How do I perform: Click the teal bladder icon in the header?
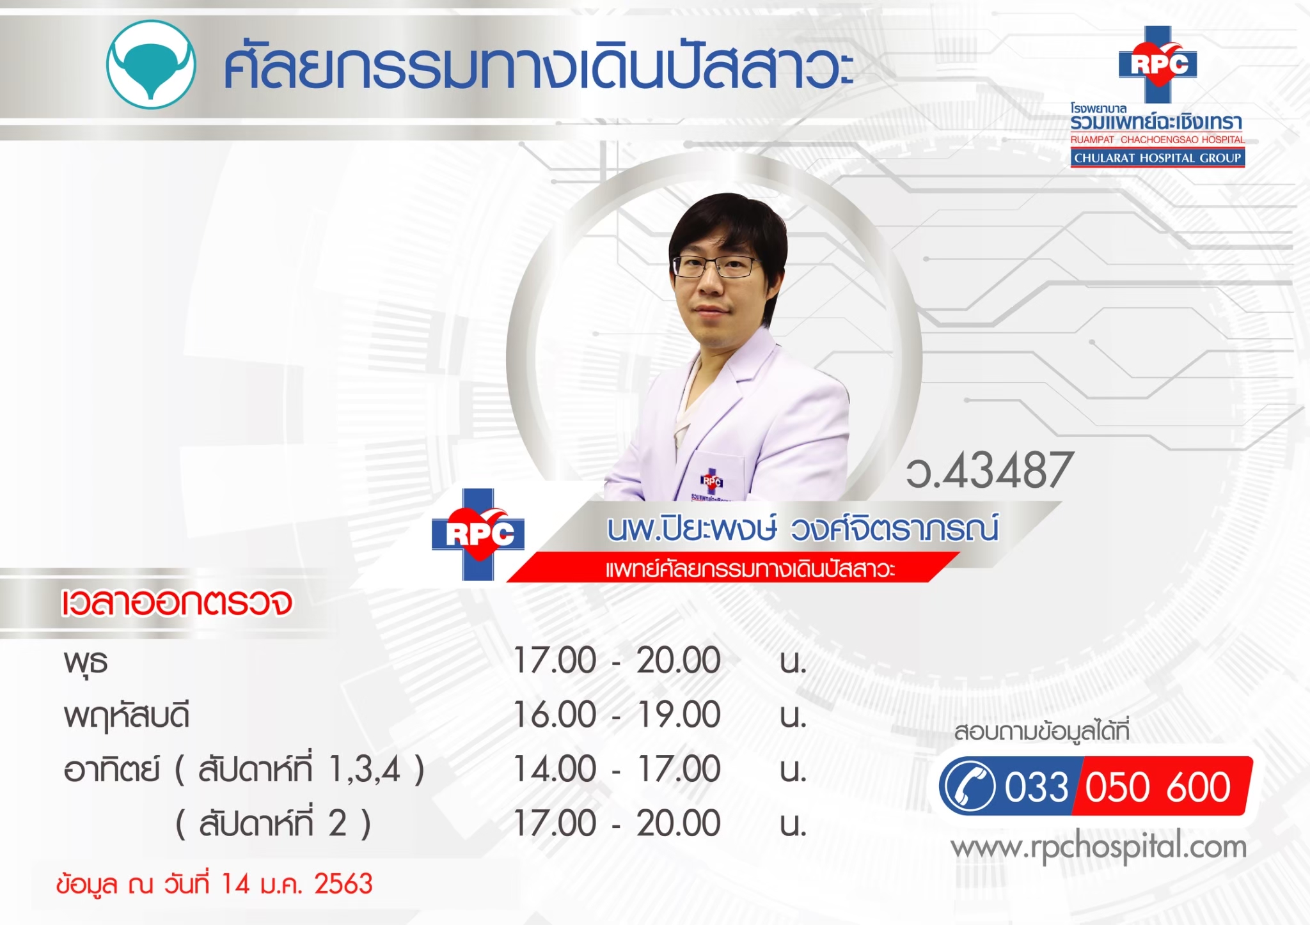pyautogui.click(x=151, y=65)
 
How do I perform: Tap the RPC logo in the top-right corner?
pyautogui.click(x=1158, y=64)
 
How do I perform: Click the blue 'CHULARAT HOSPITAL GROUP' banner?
pyautogui.click(x=1158, y=158)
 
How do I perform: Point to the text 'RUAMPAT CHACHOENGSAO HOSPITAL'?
pyautogui.click(x=1158, y=140)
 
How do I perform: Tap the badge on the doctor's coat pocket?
pyautogui.click(x=711, y=481)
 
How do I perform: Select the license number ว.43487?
pyautogui.click(x=989, y=470)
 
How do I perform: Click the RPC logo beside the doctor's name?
pyautogui.click(x=478, y=534)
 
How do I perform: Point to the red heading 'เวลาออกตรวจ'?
pyautogui.click(x=177, y=602)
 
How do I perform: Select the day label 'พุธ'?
pyautogui.click(x=86, y=662)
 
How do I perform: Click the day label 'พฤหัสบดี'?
pyautogui.click(x=127, y=716)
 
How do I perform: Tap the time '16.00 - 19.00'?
pyautogui.click(x=617, y=715)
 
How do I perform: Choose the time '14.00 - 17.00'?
pyautogui.click(x=617, y=769)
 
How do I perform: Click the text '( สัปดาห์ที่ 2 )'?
pyautogui.click(x=273, y=823)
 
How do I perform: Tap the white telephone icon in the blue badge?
pyautogui.click(x=970, y=786)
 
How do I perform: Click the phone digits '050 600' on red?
pyautogui.click(x=1158, y=787)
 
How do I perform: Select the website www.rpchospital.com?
pyautogui.click(x=1099, y=848)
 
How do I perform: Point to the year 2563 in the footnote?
pyautogui.click(x=343, y=884)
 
